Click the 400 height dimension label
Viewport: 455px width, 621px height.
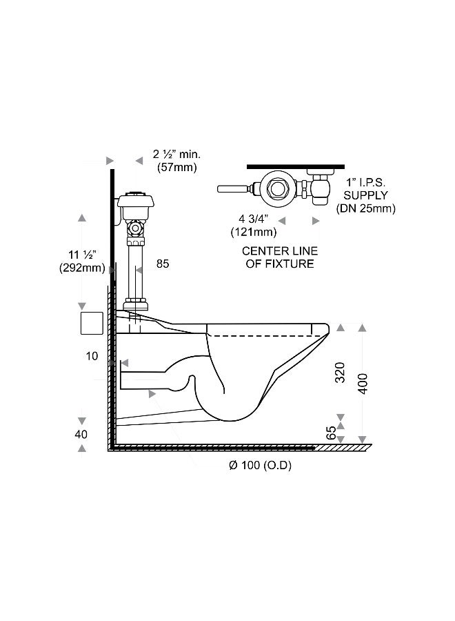363,384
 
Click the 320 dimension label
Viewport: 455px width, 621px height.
340,373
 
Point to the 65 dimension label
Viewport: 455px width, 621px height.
331,433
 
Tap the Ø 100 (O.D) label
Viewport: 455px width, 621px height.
260,465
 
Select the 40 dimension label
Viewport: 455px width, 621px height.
81,435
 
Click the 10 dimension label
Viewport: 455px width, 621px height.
92,356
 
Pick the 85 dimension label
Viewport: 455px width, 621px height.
163,264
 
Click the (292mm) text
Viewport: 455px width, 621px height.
82,268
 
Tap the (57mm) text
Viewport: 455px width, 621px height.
177,168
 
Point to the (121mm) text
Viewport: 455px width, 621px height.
254,232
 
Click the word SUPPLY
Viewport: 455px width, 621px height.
365,195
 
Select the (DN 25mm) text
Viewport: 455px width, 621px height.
366,208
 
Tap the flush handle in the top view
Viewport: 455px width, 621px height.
234,188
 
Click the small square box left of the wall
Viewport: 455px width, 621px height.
92,323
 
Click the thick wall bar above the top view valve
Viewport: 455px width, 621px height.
296,167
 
